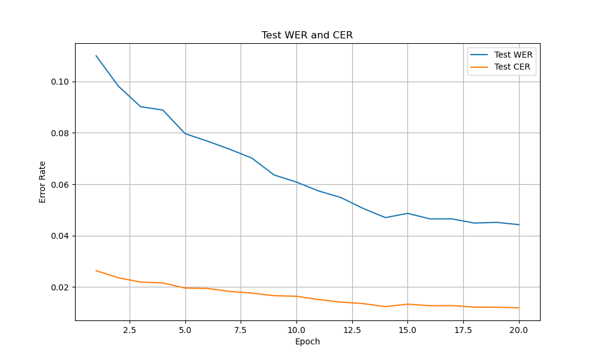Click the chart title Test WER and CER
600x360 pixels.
click(307, 35)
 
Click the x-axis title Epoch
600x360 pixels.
click(307, 342)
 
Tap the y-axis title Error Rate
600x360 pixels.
click(43, 182)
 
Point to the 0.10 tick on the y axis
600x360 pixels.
click(61, 82)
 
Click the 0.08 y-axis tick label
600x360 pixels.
click(61, 133)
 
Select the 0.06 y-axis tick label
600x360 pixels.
click(61, 184)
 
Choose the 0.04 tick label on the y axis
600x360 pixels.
click(61, 236)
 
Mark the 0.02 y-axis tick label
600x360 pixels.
click(61, 287)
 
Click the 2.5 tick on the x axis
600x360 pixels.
click(130, 330)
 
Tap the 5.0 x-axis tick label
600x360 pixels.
click(185, 330)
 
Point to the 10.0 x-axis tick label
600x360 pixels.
click(296, 330)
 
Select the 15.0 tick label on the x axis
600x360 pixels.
click(407, 330)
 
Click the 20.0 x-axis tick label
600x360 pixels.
click(518, 330)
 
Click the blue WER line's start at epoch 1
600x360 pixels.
click(96, 56)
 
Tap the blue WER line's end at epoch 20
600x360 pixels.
click(518, 224)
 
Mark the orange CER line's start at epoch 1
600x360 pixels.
click(96, 271)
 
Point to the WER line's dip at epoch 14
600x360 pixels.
click(385, 217)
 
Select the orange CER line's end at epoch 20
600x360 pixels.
click(518, 308)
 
